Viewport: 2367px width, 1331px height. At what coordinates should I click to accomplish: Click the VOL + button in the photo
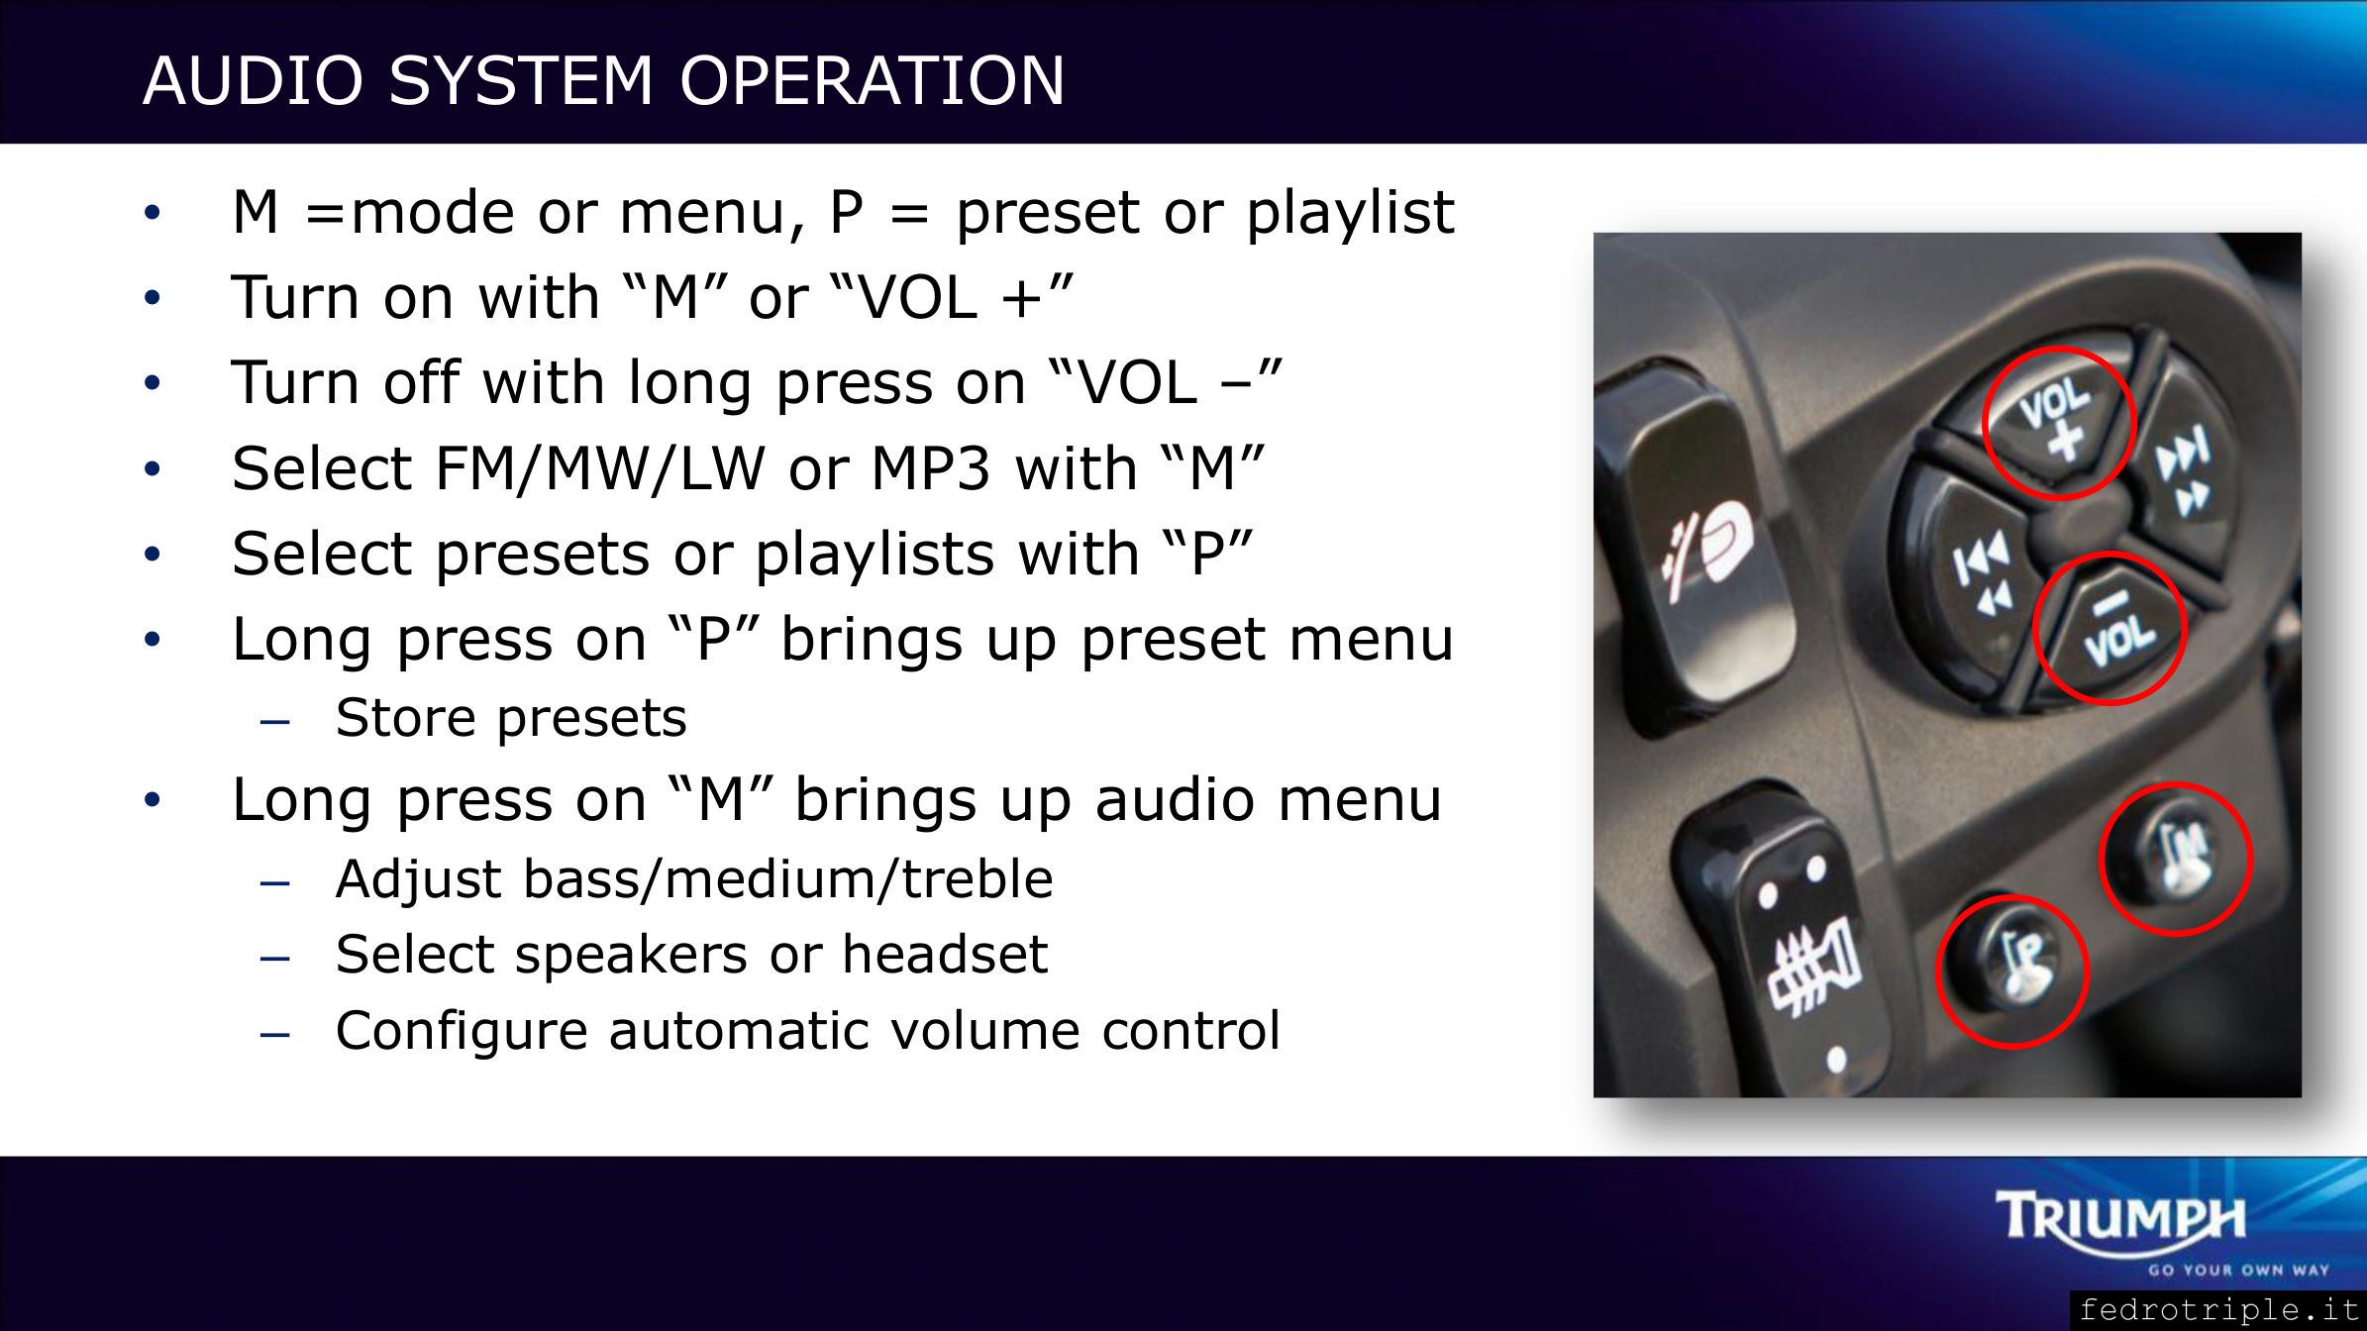coord(2055,421)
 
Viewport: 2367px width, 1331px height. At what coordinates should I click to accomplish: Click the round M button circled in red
coord(2175,858)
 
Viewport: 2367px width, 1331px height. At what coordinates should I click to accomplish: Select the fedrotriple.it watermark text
coord(2219,1310)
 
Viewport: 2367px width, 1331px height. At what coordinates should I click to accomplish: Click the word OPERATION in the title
coord(872,80)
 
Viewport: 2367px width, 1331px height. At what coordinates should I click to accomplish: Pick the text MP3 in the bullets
coord(930,468)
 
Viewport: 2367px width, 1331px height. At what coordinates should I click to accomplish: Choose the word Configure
coord(462,1031)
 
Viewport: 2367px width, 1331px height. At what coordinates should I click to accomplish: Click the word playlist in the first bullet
coord(1350,212)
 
